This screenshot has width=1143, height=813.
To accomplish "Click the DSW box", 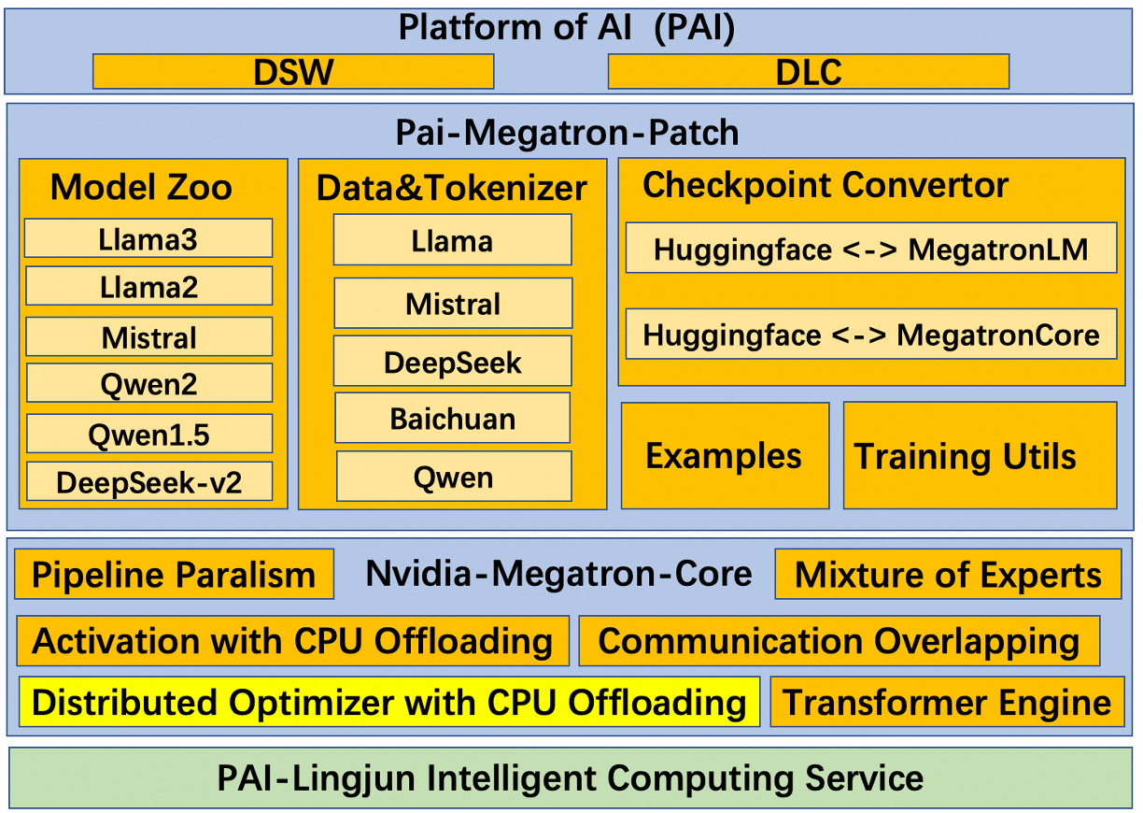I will [292, 72].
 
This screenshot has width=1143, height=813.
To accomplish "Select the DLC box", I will [808, 72].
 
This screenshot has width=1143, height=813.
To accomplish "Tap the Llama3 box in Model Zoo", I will [148, 238].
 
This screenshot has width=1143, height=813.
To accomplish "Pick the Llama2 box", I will [148, 286].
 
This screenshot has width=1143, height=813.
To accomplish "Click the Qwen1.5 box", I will [148, 434].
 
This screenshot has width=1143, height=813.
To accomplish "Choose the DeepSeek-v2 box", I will [148, 481].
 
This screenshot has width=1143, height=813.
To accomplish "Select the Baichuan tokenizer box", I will [452, 418].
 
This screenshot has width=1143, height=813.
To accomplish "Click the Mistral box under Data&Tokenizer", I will [453, 303].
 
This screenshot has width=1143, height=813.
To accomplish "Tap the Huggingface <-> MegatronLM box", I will [870, 248].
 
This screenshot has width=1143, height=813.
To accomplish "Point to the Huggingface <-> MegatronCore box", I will [870, 334].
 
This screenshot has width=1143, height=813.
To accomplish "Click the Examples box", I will [725, 456].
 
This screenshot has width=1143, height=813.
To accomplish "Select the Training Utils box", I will [980, 456].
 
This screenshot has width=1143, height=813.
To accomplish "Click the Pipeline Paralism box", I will [174, 575].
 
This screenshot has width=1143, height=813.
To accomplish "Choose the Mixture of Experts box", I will [948, 575].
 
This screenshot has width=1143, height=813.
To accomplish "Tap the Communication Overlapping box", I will [839, 641].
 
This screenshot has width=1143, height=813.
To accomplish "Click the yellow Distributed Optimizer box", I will [388, 702].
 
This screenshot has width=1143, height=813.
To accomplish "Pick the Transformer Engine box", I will [947, 702].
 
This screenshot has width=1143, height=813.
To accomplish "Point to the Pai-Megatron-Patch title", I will [567, 133].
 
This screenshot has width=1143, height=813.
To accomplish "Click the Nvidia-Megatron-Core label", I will [558, 573].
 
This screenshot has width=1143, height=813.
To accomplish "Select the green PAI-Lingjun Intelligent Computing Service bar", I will [571, 777].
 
